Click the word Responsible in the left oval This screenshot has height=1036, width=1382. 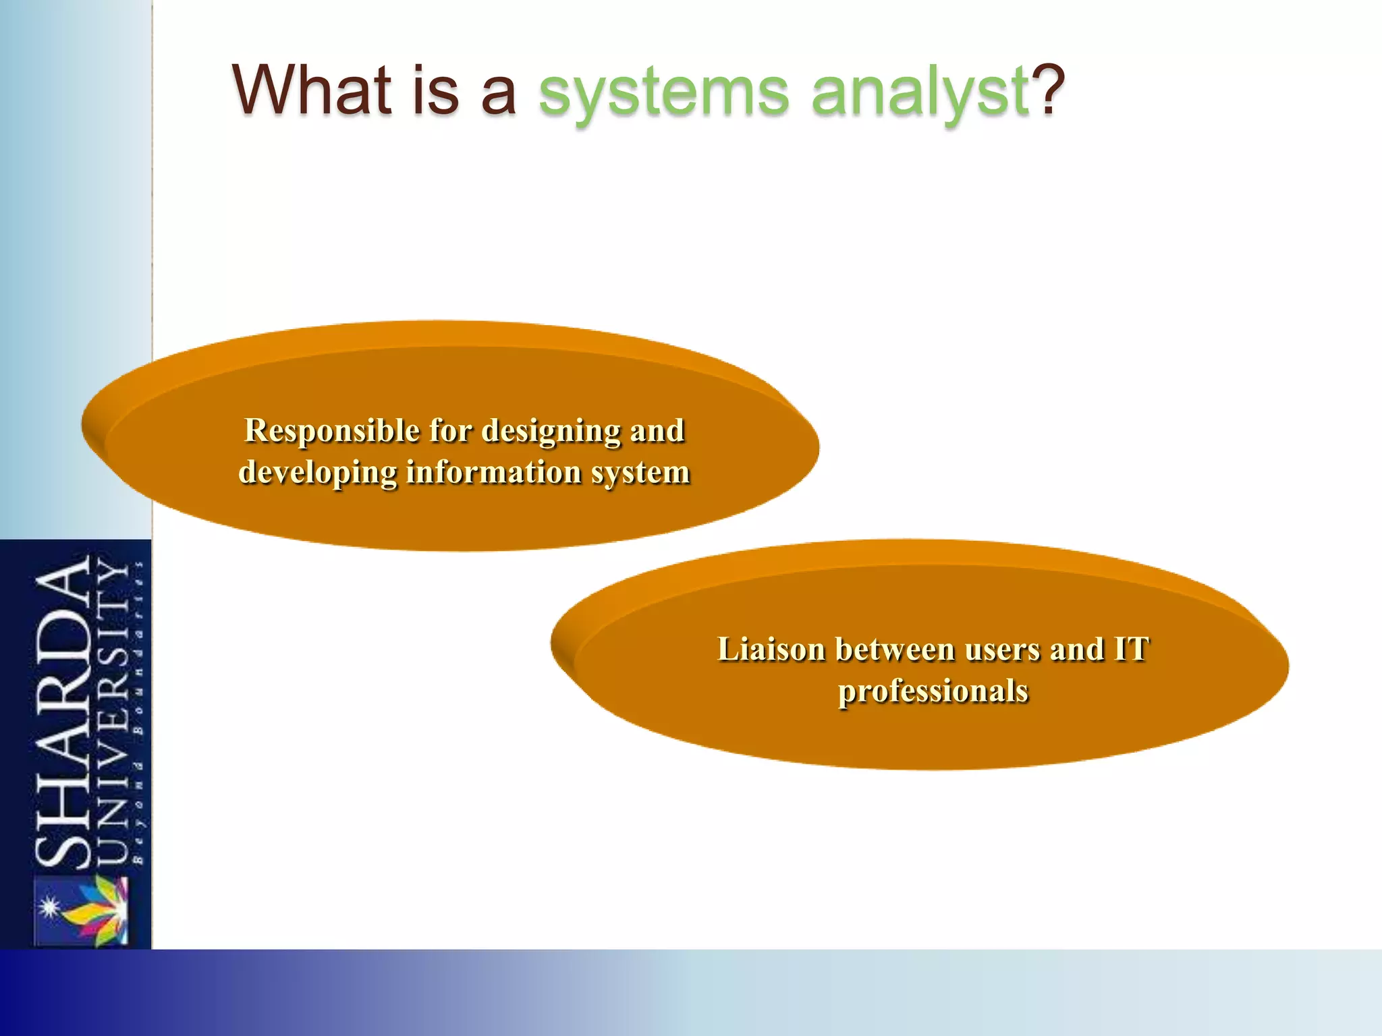point(332,432)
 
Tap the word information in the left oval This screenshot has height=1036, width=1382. point(494,471)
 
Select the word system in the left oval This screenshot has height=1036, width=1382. point(640,473)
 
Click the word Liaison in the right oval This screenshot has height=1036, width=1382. point(771,650)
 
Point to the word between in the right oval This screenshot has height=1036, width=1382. point(896,650)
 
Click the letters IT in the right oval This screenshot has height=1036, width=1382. point(1132,650)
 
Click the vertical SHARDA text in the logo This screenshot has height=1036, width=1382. point(62,712)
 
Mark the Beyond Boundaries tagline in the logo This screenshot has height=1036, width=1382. point(138,712)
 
